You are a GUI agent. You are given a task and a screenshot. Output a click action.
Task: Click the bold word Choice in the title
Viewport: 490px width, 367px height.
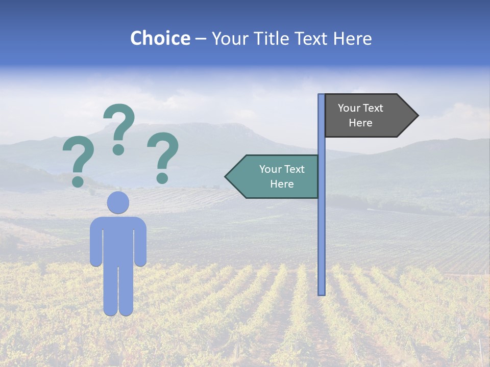(160, 38)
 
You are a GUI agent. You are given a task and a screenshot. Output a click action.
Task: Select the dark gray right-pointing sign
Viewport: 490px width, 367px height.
(365, 115)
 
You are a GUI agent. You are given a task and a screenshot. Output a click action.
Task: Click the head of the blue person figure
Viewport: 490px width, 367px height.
(118, 202)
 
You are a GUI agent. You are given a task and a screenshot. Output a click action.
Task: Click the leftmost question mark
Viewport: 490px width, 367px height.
(78, 158)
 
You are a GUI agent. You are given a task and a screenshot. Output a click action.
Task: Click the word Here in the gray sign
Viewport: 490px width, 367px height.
(360, 123)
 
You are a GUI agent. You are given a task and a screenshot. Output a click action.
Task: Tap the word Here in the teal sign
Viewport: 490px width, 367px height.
(282, 184)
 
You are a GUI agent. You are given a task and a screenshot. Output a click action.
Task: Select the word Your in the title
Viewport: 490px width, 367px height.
(230, 38)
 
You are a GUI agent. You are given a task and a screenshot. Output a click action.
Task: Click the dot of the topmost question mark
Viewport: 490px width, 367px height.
(118, 149)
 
